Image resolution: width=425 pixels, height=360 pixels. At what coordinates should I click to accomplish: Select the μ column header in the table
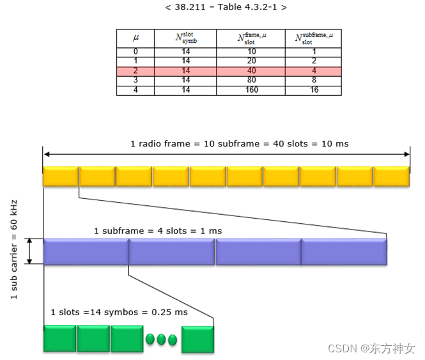tap(135, 38)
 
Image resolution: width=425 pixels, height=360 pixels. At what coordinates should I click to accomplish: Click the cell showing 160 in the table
tap(252, 91)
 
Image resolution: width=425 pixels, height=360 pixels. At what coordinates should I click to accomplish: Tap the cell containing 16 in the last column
tap(314, 91)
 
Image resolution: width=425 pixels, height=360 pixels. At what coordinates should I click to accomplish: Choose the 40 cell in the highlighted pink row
tap(252, 72)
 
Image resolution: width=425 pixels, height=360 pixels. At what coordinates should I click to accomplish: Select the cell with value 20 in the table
tap(252, 61)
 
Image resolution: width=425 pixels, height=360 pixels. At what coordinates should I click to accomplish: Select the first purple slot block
tap(86, 252)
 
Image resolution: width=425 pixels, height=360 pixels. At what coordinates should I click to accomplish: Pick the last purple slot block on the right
tap(344, 252)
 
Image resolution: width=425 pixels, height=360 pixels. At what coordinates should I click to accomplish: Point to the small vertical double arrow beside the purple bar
tap(29, 251)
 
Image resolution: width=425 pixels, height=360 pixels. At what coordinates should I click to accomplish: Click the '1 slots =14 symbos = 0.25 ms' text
tap(120, 312)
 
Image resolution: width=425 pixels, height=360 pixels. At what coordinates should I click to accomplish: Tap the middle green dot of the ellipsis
tap(162, 340)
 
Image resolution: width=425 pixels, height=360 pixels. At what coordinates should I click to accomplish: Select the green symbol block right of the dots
tap(197, 339)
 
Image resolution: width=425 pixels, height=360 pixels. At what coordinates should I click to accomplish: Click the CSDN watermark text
tap(371, 349)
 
